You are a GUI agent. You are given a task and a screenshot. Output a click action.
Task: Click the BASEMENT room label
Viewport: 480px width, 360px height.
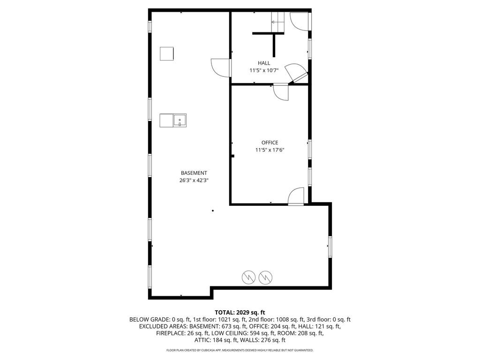194,173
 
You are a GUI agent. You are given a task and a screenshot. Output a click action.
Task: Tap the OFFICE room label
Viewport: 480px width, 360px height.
270,142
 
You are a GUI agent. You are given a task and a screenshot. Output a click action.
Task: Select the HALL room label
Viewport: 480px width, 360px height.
264,63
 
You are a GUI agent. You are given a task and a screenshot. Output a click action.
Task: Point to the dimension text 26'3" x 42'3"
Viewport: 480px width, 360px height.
194,180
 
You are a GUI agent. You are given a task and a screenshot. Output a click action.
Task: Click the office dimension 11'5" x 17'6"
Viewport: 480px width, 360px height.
270,150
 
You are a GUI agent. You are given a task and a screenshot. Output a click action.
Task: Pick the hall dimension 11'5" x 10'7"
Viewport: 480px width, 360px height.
264,70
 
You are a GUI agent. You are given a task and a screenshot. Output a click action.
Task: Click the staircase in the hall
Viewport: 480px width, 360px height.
277,22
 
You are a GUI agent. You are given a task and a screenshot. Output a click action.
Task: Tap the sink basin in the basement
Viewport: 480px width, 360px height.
180,120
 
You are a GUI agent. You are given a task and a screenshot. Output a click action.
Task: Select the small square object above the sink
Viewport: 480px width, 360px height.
167,53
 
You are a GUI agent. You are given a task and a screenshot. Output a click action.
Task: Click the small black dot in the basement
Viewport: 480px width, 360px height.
213,210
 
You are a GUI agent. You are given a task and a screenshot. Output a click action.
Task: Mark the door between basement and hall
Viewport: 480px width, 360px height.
221,67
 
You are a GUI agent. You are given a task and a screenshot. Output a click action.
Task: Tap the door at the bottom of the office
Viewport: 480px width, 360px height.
296,196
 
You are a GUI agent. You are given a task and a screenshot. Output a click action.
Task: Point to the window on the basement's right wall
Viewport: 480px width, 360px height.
330,247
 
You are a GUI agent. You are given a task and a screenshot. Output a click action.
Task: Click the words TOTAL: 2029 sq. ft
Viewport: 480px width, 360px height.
240,313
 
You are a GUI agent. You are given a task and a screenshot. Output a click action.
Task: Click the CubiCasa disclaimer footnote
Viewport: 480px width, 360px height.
240,350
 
